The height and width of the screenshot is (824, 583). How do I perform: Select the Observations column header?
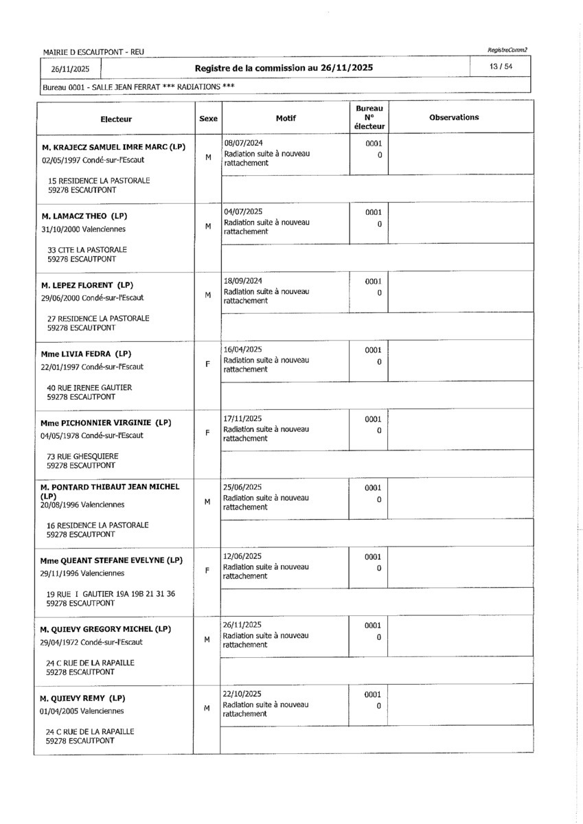pos(454,117)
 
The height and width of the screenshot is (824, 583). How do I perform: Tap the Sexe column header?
pos(208,119)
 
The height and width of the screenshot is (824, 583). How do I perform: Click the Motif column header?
pos(286,118)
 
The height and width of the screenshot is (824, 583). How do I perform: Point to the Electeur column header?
pos(116,119)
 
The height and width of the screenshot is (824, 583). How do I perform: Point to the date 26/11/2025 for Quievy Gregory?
pos(243,625)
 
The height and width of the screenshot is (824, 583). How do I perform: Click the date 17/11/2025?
pos(243,418)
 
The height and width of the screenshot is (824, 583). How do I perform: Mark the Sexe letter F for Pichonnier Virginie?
pos(207,433)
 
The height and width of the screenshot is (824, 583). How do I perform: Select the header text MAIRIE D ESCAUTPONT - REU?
pos(93,52)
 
